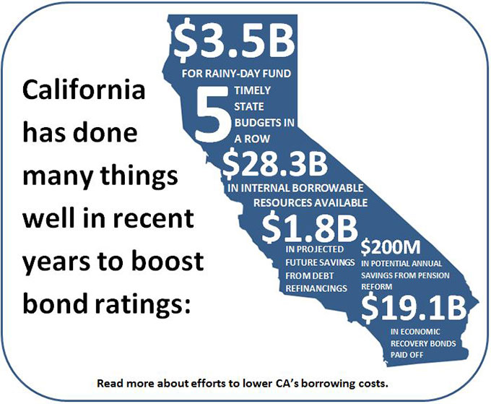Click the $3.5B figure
click(x=234, y=40)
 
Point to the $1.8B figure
click(x=309, y=228)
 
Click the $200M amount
click(x=391, y=248)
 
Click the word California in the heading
click(x=84, y=90)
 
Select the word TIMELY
click(x=253, y=90)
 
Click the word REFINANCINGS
click(x=316, y=288)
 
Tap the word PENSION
click(x=434, y=275)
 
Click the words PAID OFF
click(x=407, y=355)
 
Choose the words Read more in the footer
click(x=126, y=383)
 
